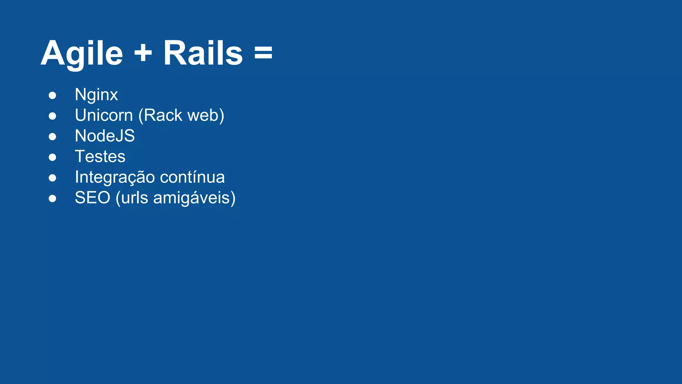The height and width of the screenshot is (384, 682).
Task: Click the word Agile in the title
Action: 82,53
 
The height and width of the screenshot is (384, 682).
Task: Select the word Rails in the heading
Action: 203,53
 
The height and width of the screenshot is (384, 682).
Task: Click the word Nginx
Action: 96,95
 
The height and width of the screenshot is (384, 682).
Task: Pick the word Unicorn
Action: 104,115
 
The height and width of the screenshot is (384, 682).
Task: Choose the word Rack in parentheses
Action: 161,116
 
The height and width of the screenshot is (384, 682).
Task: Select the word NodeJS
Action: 105,136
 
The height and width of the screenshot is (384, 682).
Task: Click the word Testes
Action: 100,157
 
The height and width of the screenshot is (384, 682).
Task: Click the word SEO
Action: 93,198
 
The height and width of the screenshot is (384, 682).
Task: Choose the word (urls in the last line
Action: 132,198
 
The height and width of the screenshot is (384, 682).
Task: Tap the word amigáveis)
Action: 194,198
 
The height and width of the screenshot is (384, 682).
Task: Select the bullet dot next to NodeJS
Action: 52,137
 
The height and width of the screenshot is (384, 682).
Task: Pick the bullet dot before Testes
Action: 52,157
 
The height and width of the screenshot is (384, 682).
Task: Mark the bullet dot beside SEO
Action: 52,199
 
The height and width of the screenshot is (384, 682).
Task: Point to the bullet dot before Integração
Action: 52,178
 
